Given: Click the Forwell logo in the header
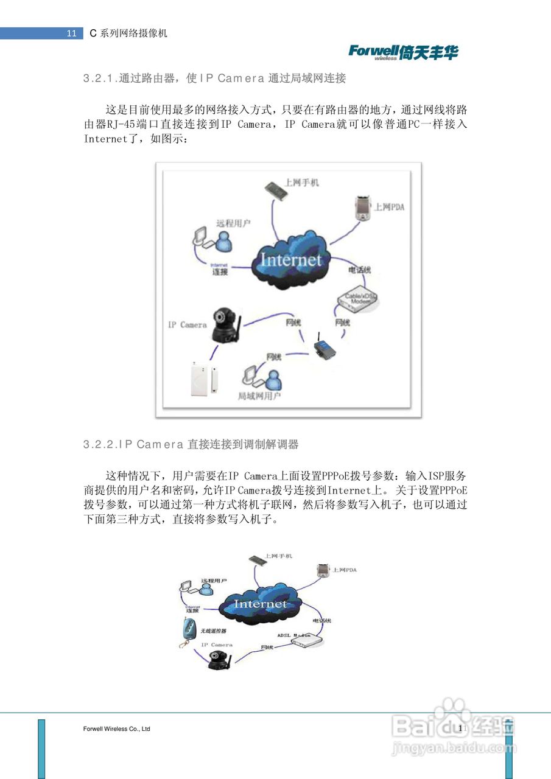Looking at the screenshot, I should tap(403, 52).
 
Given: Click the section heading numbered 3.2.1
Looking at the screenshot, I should tap(214, 79).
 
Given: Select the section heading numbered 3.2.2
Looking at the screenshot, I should tap(191, 444).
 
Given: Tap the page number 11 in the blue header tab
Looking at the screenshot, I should tap(72, 33).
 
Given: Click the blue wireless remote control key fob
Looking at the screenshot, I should tap(189, 629).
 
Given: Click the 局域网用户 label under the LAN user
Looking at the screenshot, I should tap(259, 396).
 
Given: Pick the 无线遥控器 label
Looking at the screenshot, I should tap(213, 631).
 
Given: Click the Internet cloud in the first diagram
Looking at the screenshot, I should tap(290, 260).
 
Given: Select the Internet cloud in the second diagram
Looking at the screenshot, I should tap(260, 604).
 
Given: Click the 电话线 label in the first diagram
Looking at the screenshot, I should tap(359, 270).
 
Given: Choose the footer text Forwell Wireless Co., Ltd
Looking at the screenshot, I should tap(116, 728).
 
